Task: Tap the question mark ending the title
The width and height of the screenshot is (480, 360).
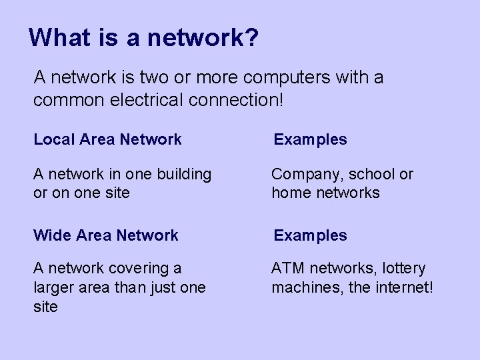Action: tap(251, 37)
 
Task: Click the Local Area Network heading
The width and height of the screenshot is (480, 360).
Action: tap(107, 139)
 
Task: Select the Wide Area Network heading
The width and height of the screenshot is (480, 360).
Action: tap(106, 235)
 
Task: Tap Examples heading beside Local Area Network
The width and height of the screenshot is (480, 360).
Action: tap(311, 139)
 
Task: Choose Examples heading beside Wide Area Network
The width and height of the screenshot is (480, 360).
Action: tap(311, 235)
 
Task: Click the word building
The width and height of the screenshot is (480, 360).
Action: tap(183, 175)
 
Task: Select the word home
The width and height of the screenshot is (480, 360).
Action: tap(289, 193)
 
